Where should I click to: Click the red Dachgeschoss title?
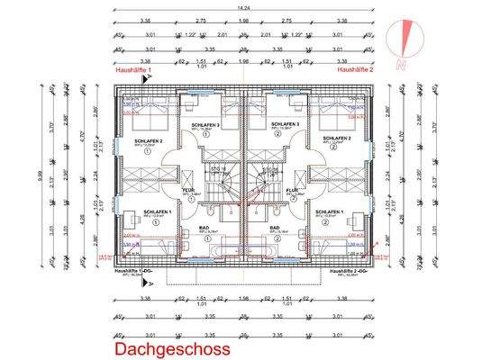point(171,347)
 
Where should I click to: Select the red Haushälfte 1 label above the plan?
point(136,68)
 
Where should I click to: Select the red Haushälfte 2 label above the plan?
point(355,68)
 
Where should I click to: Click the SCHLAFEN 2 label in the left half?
point(148,141)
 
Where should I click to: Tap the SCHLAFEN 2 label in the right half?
point(334,141)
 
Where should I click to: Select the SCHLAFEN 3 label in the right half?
point(282,123)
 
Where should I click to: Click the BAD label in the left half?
point(202,228)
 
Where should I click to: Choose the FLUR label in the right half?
point(294,189)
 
